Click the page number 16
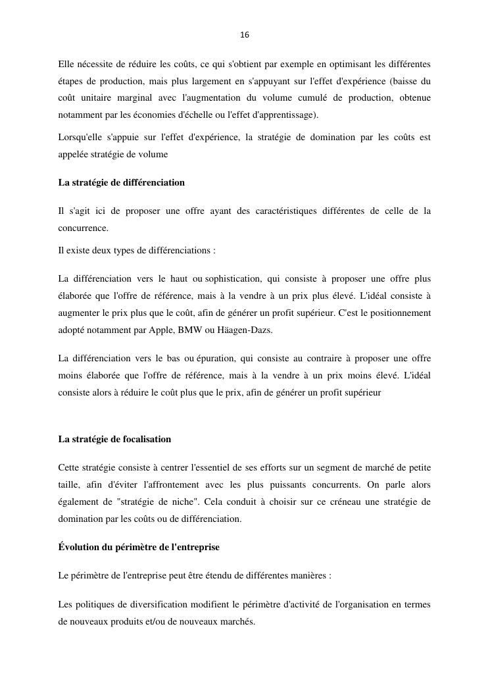click(x=245, y=35)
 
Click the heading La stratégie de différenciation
click(x=121, y=182)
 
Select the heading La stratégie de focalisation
click(x=114, y=439)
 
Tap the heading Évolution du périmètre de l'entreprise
click(x=139, y=547)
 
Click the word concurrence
click(x=83, y=228)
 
